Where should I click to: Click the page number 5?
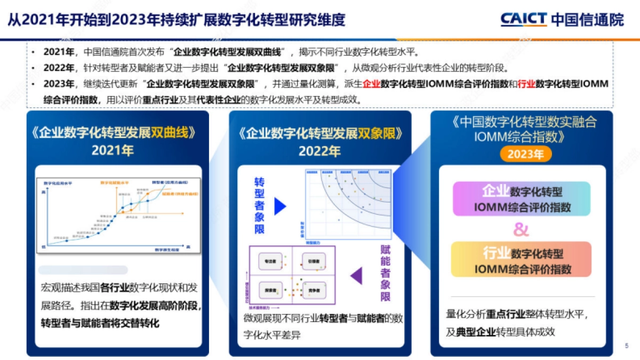point(627,346)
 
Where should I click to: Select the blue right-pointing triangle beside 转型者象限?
point(280,206)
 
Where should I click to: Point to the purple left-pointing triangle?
point(356,275)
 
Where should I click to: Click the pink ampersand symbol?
point(521,230)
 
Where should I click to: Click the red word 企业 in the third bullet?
point(371,84)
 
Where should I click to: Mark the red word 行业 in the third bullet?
point(526,84)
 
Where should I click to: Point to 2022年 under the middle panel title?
point(319,151)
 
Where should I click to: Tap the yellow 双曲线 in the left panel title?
point(170,133)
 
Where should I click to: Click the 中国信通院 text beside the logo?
point(587,20)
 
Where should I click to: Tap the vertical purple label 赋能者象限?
point(385,273)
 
